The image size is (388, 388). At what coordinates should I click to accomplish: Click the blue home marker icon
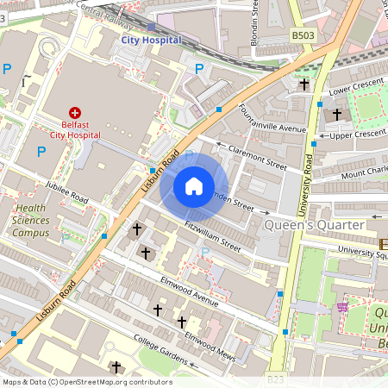(194, 185)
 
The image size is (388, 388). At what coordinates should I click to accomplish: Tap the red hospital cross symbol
(74, 113)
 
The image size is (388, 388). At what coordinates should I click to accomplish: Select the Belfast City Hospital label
(74, 129)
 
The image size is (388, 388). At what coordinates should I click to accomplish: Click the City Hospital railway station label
(151, 40)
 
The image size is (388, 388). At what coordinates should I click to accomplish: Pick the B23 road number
(275, 379)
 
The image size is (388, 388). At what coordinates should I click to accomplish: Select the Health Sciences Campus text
(32, 220)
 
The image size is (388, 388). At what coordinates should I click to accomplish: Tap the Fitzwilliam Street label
(212, 234)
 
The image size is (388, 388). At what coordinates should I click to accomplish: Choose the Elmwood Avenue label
(189, 289)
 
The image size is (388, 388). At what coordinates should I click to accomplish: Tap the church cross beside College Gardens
(116, 367)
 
